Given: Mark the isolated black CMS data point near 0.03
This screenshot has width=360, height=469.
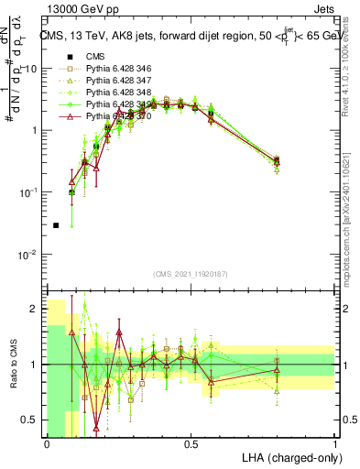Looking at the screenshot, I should [x=56, y=224].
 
